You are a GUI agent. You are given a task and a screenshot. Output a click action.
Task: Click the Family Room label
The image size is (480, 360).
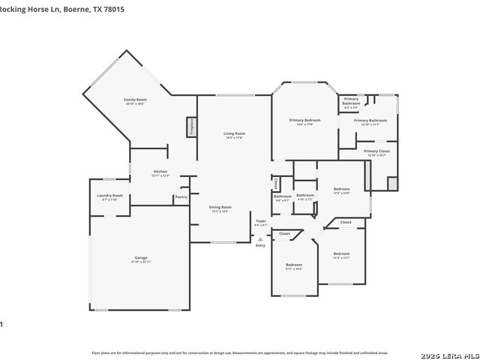[x=135, y=100]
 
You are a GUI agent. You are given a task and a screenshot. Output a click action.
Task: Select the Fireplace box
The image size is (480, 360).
[x=191, y=126]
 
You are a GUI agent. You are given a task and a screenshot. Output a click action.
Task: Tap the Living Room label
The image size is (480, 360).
[x=235, y=133]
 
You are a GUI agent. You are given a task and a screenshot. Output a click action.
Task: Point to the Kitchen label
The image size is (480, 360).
[x=160, y=172]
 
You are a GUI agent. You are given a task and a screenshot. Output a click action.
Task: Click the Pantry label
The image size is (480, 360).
[x=181, y=197]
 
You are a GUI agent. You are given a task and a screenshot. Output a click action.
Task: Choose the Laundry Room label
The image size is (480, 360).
[x=109, y=196]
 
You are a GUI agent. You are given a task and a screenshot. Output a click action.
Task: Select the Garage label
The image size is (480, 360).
[x=141, y=258]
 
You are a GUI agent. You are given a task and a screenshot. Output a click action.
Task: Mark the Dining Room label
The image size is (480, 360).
[x=220, y=207]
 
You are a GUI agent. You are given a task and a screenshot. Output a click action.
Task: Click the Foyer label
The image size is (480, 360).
[x=260, y=221]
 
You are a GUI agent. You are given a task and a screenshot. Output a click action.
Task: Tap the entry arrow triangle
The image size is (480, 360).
[x=260, y=238]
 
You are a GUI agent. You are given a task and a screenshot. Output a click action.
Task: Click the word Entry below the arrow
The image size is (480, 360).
[x=260, y=245]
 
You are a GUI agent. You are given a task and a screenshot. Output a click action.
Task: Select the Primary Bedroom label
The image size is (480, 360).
[x=305, y=120]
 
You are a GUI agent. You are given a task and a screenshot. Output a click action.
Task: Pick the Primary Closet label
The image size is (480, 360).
[x=376, y=151]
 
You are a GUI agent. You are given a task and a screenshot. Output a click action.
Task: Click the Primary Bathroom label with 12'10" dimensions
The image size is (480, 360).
[x=370, y=120]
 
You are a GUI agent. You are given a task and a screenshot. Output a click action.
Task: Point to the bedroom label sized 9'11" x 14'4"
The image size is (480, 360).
[x=293, y=265]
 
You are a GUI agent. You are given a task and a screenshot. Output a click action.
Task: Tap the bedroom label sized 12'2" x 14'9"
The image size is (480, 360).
[x=341, y=189]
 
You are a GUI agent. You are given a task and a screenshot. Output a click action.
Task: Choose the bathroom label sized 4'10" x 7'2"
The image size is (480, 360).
[x=305, y=195]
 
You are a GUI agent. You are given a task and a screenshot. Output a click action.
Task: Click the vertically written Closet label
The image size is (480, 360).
[x=276, y=183]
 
